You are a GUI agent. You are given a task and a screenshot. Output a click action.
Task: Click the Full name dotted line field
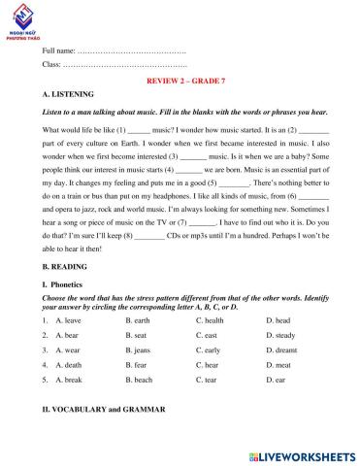point(131,50)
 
